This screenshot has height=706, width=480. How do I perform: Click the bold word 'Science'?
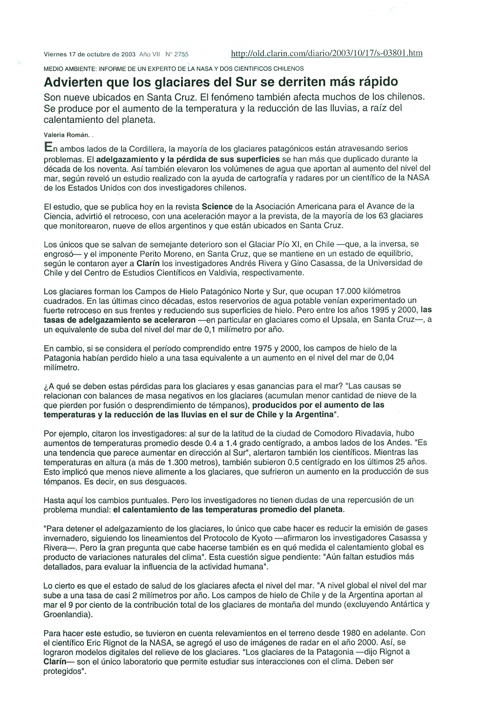click(218, 206)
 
